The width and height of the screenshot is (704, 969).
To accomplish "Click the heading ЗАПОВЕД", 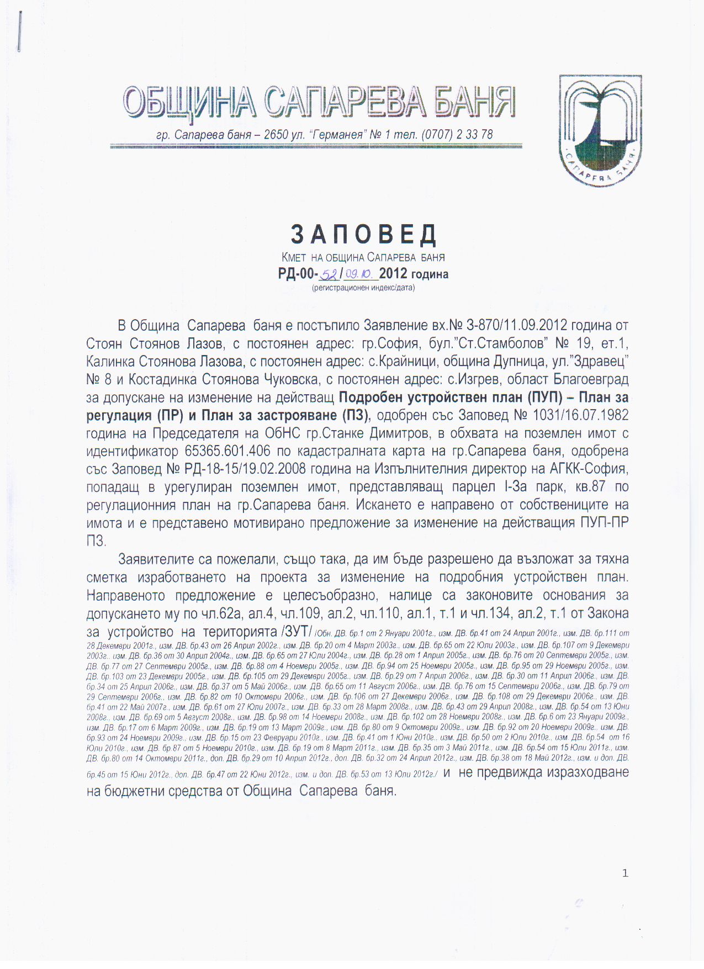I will (364, 235).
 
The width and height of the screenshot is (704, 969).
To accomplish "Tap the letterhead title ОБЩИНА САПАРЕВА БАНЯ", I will (319, 103).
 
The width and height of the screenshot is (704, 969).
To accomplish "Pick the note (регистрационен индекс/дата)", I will (363, 288).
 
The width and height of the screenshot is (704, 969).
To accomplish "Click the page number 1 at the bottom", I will (625, 873).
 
